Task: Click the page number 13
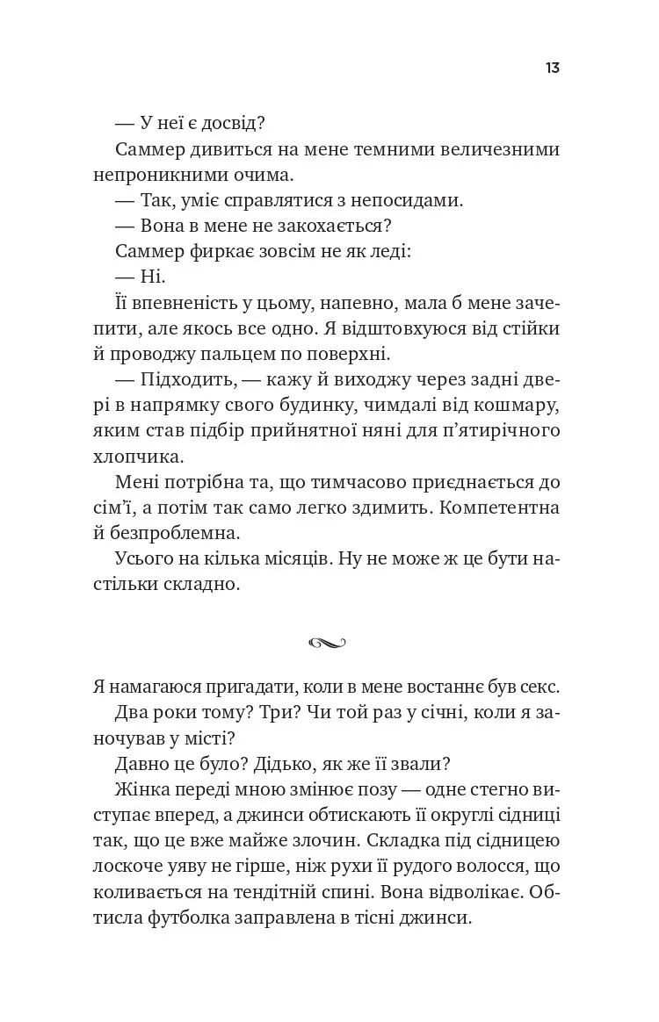(x=553, y=68)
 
